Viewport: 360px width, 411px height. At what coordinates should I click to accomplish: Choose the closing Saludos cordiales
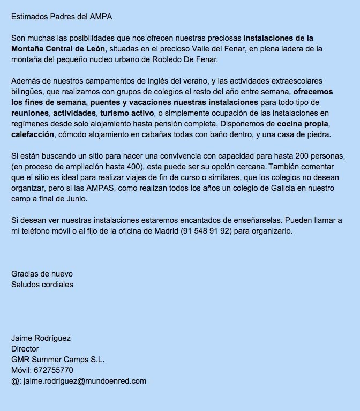point(42,285)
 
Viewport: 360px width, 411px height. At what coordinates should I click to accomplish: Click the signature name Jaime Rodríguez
point(41,338)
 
